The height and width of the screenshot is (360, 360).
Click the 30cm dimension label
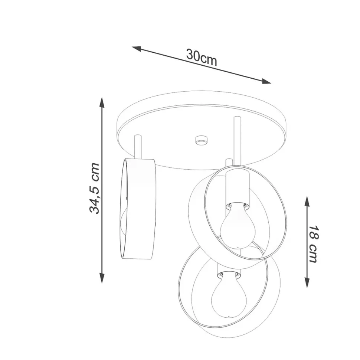point(202,58)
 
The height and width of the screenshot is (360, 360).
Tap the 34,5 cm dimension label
point(94,188)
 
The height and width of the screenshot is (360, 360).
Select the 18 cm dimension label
point(313,244)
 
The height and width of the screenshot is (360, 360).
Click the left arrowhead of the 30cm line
point(136,49)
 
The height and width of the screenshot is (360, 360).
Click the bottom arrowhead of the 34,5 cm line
point(102,278)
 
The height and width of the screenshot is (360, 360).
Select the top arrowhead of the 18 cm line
point(307,202)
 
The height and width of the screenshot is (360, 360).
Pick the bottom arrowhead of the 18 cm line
point(307,282)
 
